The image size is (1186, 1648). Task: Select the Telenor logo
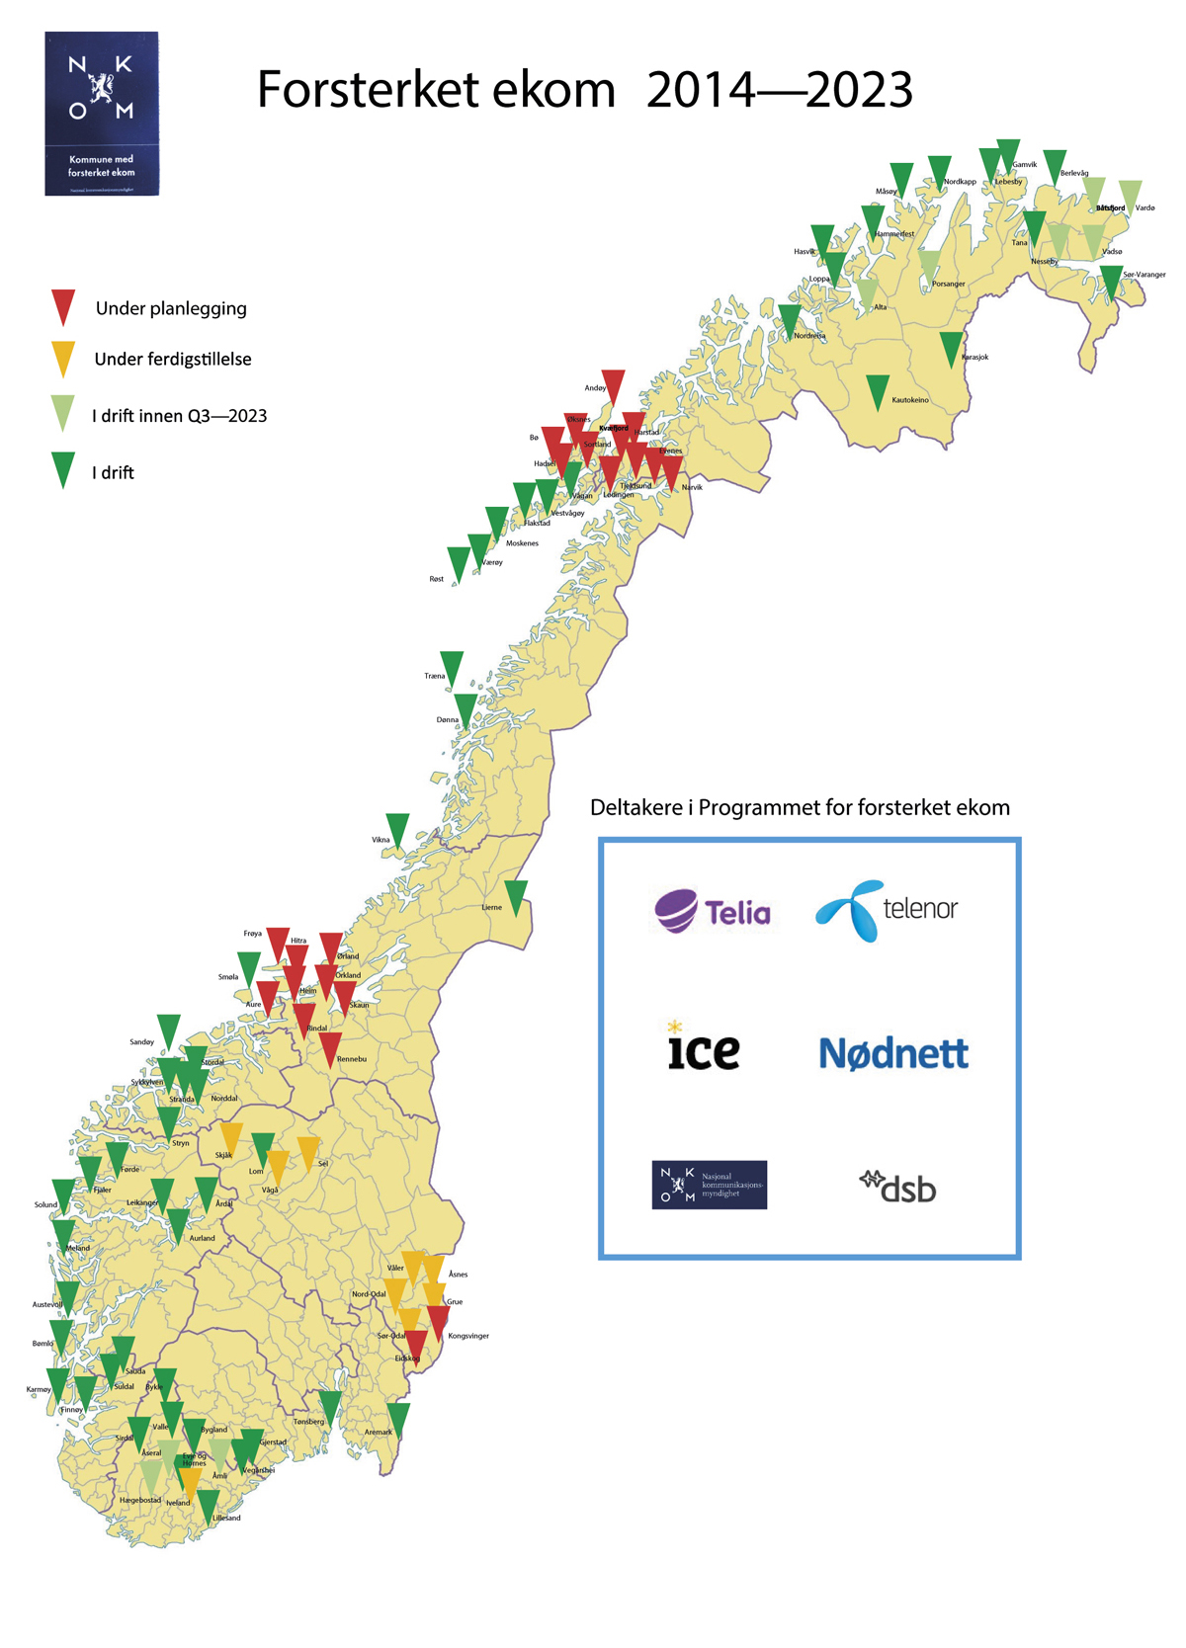887,909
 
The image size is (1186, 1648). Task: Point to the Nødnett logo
893,1053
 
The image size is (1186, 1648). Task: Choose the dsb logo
897,1186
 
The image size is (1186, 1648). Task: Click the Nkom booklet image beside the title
102,114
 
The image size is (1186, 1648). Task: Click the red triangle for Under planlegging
63,306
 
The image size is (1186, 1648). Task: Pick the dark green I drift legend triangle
63,469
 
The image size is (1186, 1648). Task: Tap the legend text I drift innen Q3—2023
179,416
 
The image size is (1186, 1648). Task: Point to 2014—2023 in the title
780,90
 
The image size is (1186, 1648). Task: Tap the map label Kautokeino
909,400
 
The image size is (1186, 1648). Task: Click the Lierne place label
491,907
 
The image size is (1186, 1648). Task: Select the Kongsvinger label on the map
468,1336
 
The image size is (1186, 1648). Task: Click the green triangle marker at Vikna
397,829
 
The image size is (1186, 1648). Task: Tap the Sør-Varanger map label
1144,275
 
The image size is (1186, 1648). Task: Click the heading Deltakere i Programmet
799,807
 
